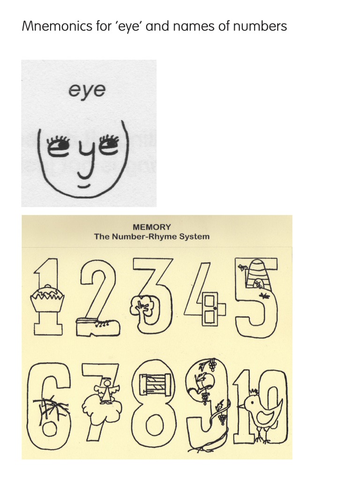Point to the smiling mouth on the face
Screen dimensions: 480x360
(x=82, y=186)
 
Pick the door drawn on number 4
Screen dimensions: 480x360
(x=210, y=309)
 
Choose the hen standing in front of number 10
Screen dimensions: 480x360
(x=262, y=411)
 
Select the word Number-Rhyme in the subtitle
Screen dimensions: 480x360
(x=151, y=237)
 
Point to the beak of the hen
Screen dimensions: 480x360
(x=241, y=405)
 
